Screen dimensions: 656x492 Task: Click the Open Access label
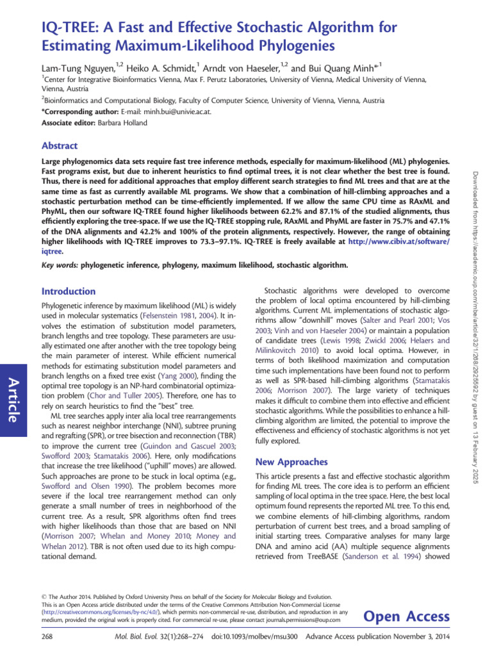pyautogui.click(x=406, y=616)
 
